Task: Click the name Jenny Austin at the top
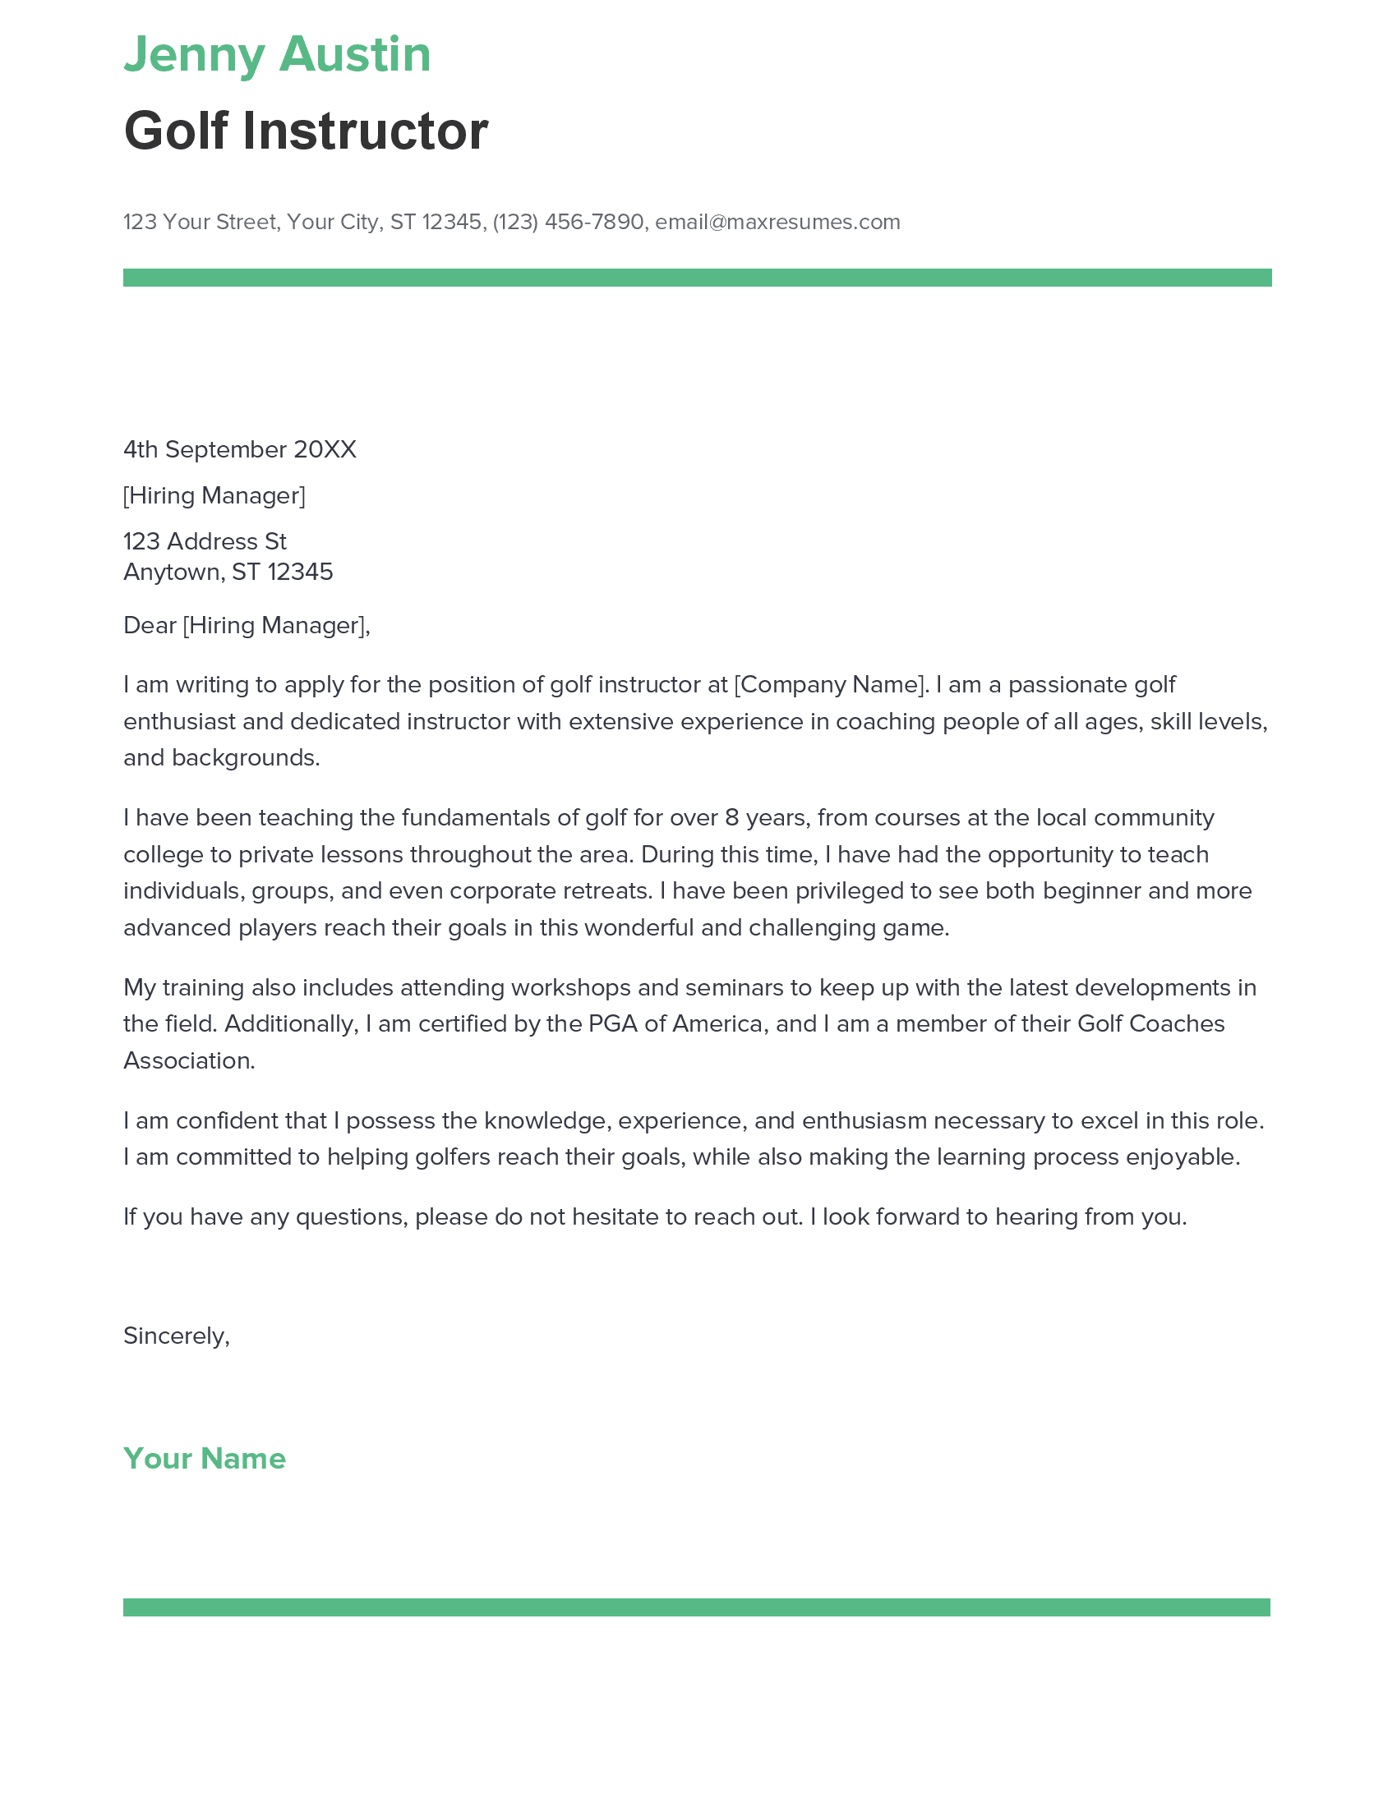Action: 277,54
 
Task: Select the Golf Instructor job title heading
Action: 306,131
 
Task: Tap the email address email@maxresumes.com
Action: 777,222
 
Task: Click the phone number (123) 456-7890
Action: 568,222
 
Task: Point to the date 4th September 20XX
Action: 239,449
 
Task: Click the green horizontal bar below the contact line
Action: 697,277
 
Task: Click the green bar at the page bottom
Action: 697,1607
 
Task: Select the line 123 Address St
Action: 205,541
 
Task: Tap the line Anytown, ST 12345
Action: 228,572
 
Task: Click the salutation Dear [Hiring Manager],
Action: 247,625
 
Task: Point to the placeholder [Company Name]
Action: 828,684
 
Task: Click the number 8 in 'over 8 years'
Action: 731,817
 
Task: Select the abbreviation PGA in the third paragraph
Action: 613,1023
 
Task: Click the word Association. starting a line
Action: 189,1060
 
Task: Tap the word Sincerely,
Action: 177,1336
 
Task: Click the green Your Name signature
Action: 205,1458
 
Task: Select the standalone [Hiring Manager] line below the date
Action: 214,495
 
